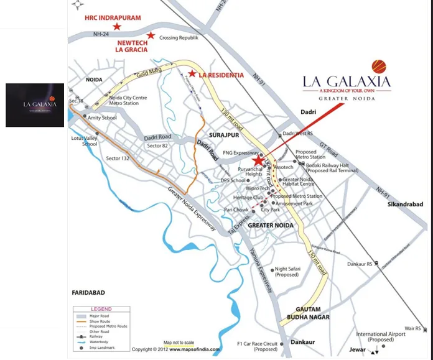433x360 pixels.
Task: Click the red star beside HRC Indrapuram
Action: (x=117, y=27)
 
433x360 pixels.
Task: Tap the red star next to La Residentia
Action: (x=193, y=75)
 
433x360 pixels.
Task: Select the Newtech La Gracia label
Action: (x=132, y=45)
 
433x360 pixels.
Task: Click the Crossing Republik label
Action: (x=179, y=38)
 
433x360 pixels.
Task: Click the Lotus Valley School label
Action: (x=85, y=140)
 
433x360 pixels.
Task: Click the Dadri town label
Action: (x=307, y=112)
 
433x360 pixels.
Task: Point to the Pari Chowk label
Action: (x=236, y=210)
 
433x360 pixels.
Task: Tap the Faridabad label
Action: (x=88, y=292)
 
